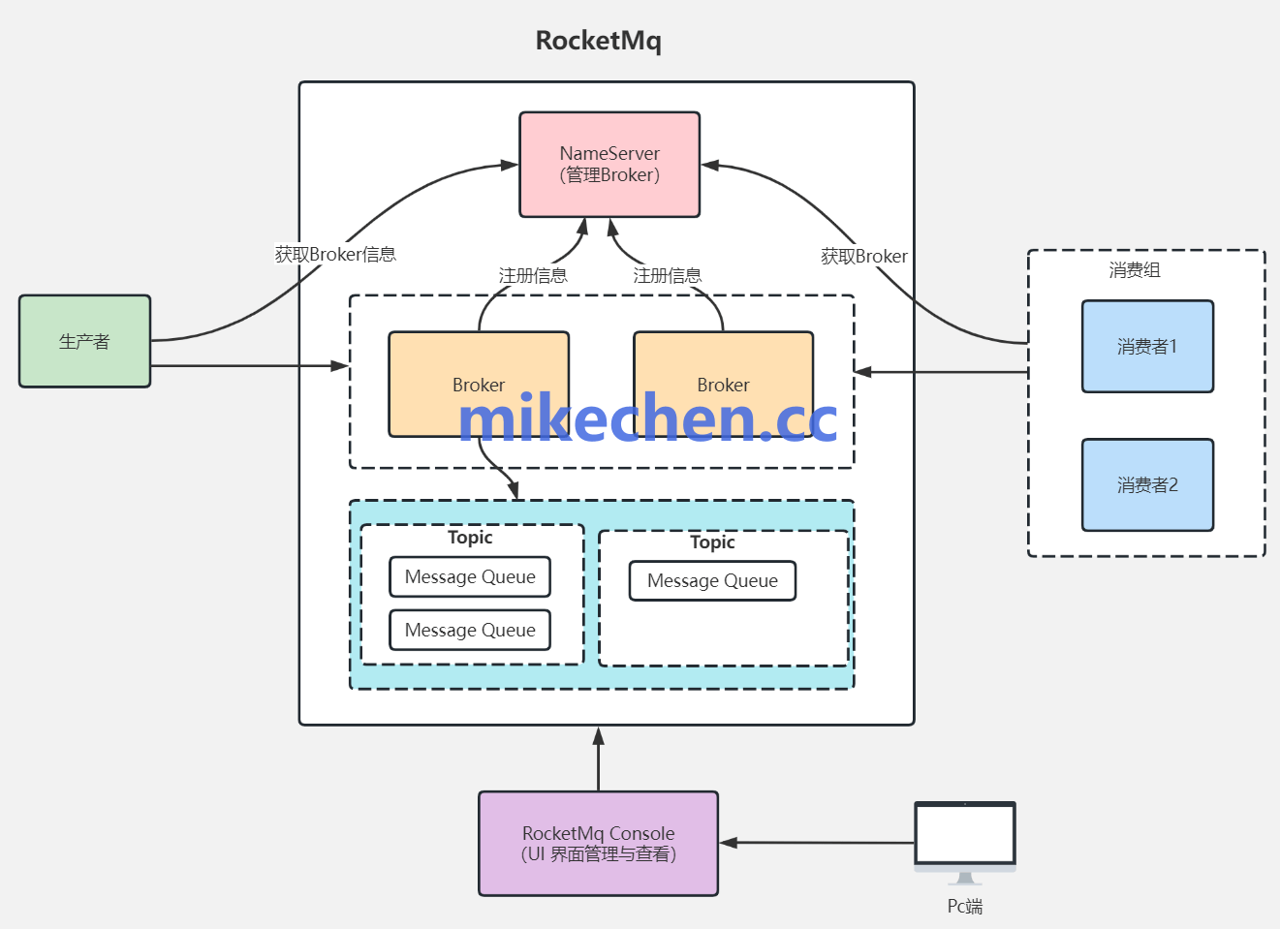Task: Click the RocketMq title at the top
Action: [x=598, y=41]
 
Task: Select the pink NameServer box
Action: [x=609, y=165]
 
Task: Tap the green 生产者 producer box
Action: [x=84, y=341]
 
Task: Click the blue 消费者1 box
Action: [x=1147, y=347]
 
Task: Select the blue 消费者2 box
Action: [x=1147, y=485]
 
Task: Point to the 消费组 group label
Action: [x=1135, y=270]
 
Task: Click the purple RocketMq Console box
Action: [x=598, y=844]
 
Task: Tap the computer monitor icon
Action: [x=965, y=834]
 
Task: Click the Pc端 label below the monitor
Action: [x=965, y=906]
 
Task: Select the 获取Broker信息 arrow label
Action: [x=335, y=255]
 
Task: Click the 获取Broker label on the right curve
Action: [x=863, y=257]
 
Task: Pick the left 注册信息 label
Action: [x=533, y=276]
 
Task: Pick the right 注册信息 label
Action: [x=667, y=276]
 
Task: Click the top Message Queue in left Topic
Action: [x=470, y=576]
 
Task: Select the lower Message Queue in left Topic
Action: [x=470, y=630]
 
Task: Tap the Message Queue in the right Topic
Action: [x=712, y=581]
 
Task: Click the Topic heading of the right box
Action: [x=712, y=542]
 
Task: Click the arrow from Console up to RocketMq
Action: [x=599, y=760]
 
